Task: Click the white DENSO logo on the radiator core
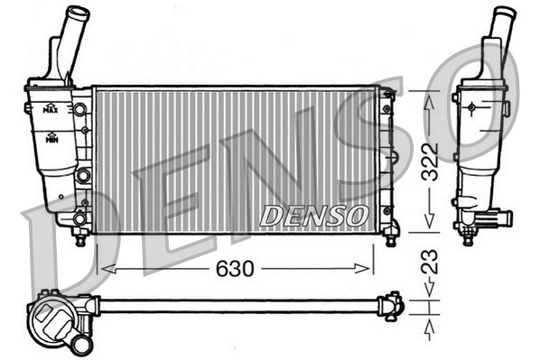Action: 313,217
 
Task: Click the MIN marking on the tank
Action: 51,139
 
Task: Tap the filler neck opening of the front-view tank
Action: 79,13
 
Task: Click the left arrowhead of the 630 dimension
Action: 101,268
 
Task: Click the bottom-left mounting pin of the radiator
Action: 80,239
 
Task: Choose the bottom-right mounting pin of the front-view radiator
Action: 391,239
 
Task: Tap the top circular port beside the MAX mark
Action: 80,110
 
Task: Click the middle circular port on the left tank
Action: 81,174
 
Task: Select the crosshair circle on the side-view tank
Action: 471,106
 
